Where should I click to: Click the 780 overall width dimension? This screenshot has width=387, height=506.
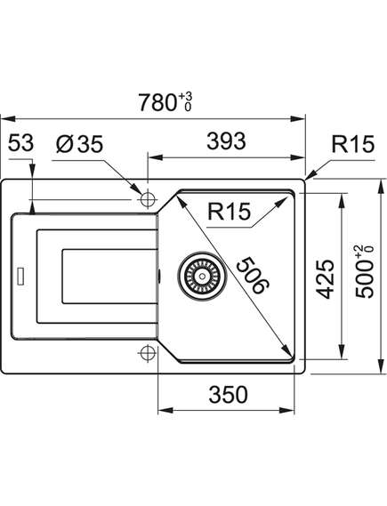(x=157, y=102)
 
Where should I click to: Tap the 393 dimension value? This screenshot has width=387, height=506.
(x=226, y=141)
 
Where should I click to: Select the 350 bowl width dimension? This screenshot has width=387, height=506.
(x=229, y=394)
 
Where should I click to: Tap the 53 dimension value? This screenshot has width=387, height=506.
(x=20, y=143)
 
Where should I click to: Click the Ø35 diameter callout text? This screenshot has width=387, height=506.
(x=79, y=144)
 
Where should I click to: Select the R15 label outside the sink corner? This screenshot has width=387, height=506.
(x=353, y=144)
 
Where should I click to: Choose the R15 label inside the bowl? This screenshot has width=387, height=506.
(x=229, y=212)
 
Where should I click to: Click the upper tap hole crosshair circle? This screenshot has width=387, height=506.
(x=148, y=199)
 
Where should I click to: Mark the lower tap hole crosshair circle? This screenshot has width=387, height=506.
(x=148, y=352)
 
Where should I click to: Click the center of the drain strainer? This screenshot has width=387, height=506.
(x=202, y=277)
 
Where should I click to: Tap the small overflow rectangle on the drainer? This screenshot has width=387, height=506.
(x=21, y=277)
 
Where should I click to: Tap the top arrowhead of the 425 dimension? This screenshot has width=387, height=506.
(x=341, y=200)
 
